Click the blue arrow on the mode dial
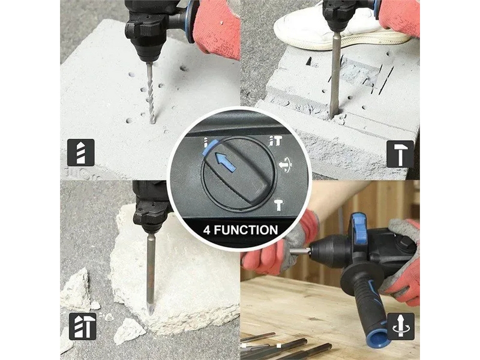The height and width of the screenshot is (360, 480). coord(226,161)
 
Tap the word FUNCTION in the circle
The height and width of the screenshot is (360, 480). coord(246,230)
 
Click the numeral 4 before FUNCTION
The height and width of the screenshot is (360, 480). coord(207,230)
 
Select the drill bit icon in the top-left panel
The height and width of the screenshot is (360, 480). coord(81,152)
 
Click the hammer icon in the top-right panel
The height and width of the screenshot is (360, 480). coord(400,154)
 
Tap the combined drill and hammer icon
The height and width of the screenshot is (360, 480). coord(83,326)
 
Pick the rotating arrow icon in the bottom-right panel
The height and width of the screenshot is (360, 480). coord(401,326)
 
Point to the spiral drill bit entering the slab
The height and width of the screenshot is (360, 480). coord(151,92)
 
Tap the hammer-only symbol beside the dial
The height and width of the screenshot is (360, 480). coord(278,205)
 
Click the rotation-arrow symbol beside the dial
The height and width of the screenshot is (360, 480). coord(286,166)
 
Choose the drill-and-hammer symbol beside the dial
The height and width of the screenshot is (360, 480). coord(275,141)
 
